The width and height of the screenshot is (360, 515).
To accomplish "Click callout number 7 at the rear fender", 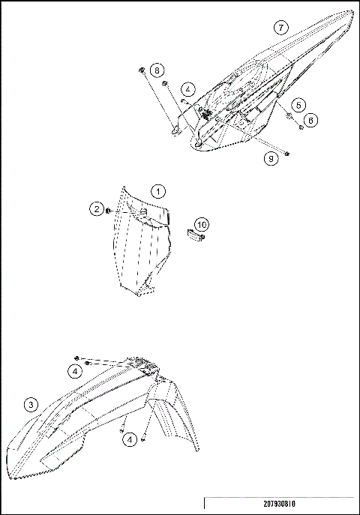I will coord(279,28).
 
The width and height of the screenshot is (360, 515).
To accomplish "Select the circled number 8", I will coord(157,70).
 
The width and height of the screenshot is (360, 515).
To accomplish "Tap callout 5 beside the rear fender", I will coord(298,104).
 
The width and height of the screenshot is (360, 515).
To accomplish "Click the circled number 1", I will coord(158,190).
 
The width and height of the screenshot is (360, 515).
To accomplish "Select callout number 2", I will coord(97,210).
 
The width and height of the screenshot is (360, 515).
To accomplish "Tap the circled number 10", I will coord(201,223).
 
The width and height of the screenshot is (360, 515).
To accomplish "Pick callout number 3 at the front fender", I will coord(31,405).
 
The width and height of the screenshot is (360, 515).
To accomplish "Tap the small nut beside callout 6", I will coord(300,127).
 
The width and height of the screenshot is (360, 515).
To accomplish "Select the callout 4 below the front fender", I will coord(130,440).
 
